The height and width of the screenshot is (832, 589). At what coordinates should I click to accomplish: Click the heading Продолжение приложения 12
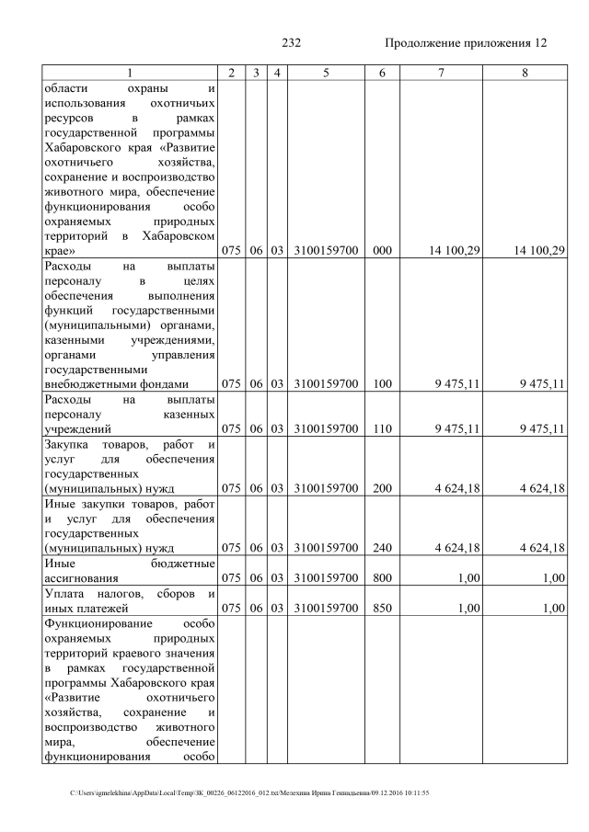point(466,43)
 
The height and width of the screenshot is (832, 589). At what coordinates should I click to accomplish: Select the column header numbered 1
point(130,73)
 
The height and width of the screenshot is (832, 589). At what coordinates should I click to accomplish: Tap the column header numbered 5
point(326,73)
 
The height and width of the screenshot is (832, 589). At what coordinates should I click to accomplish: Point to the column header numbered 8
point(524,73)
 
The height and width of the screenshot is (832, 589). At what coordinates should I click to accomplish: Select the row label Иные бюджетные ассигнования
point(130,571)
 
